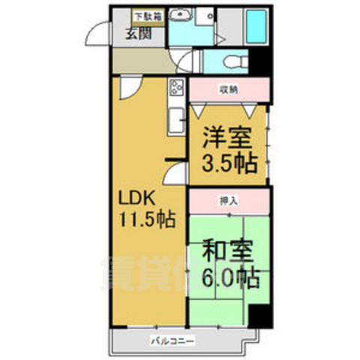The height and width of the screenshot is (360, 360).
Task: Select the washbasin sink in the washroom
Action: (x=181, y=16)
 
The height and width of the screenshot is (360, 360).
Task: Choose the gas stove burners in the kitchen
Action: (x=177, y=88)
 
